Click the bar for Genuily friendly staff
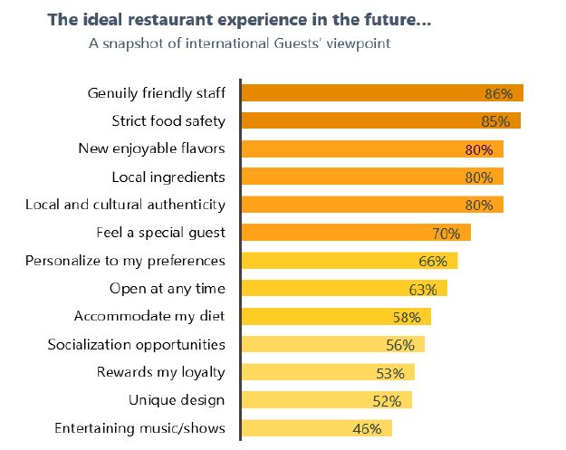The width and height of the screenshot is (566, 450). click(381, 92)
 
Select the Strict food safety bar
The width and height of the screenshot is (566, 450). click(380, 120)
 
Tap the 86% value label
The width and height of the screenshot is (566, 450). click(498, 93)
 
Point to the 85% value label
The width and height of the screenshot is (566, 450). click(495, 121)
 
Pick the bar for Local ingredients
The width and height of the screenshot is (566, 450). click(371, 177)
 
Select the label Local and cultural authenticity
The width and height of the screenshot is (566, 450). click(125, 205)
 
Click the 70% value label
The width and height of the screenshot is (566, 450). click(446, 234)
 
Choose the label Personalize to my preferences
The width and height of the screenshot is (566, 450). click(125, 261)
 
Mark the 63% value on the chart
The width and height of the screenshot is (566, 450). click(422, 290)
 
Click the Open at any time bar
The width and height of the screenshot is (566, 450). click(344, 289)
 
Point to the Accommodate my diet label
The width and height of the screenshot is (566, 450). click(149, 317)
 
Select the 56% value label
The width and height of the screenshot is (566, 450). click(399, 345)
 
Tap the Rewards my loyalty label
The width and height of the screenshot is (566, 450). click(161, 372)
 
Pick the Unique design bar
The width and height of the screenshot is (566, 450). click(326, 400)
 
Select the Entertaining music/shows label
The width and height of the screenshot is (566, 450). click(139, 428)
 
